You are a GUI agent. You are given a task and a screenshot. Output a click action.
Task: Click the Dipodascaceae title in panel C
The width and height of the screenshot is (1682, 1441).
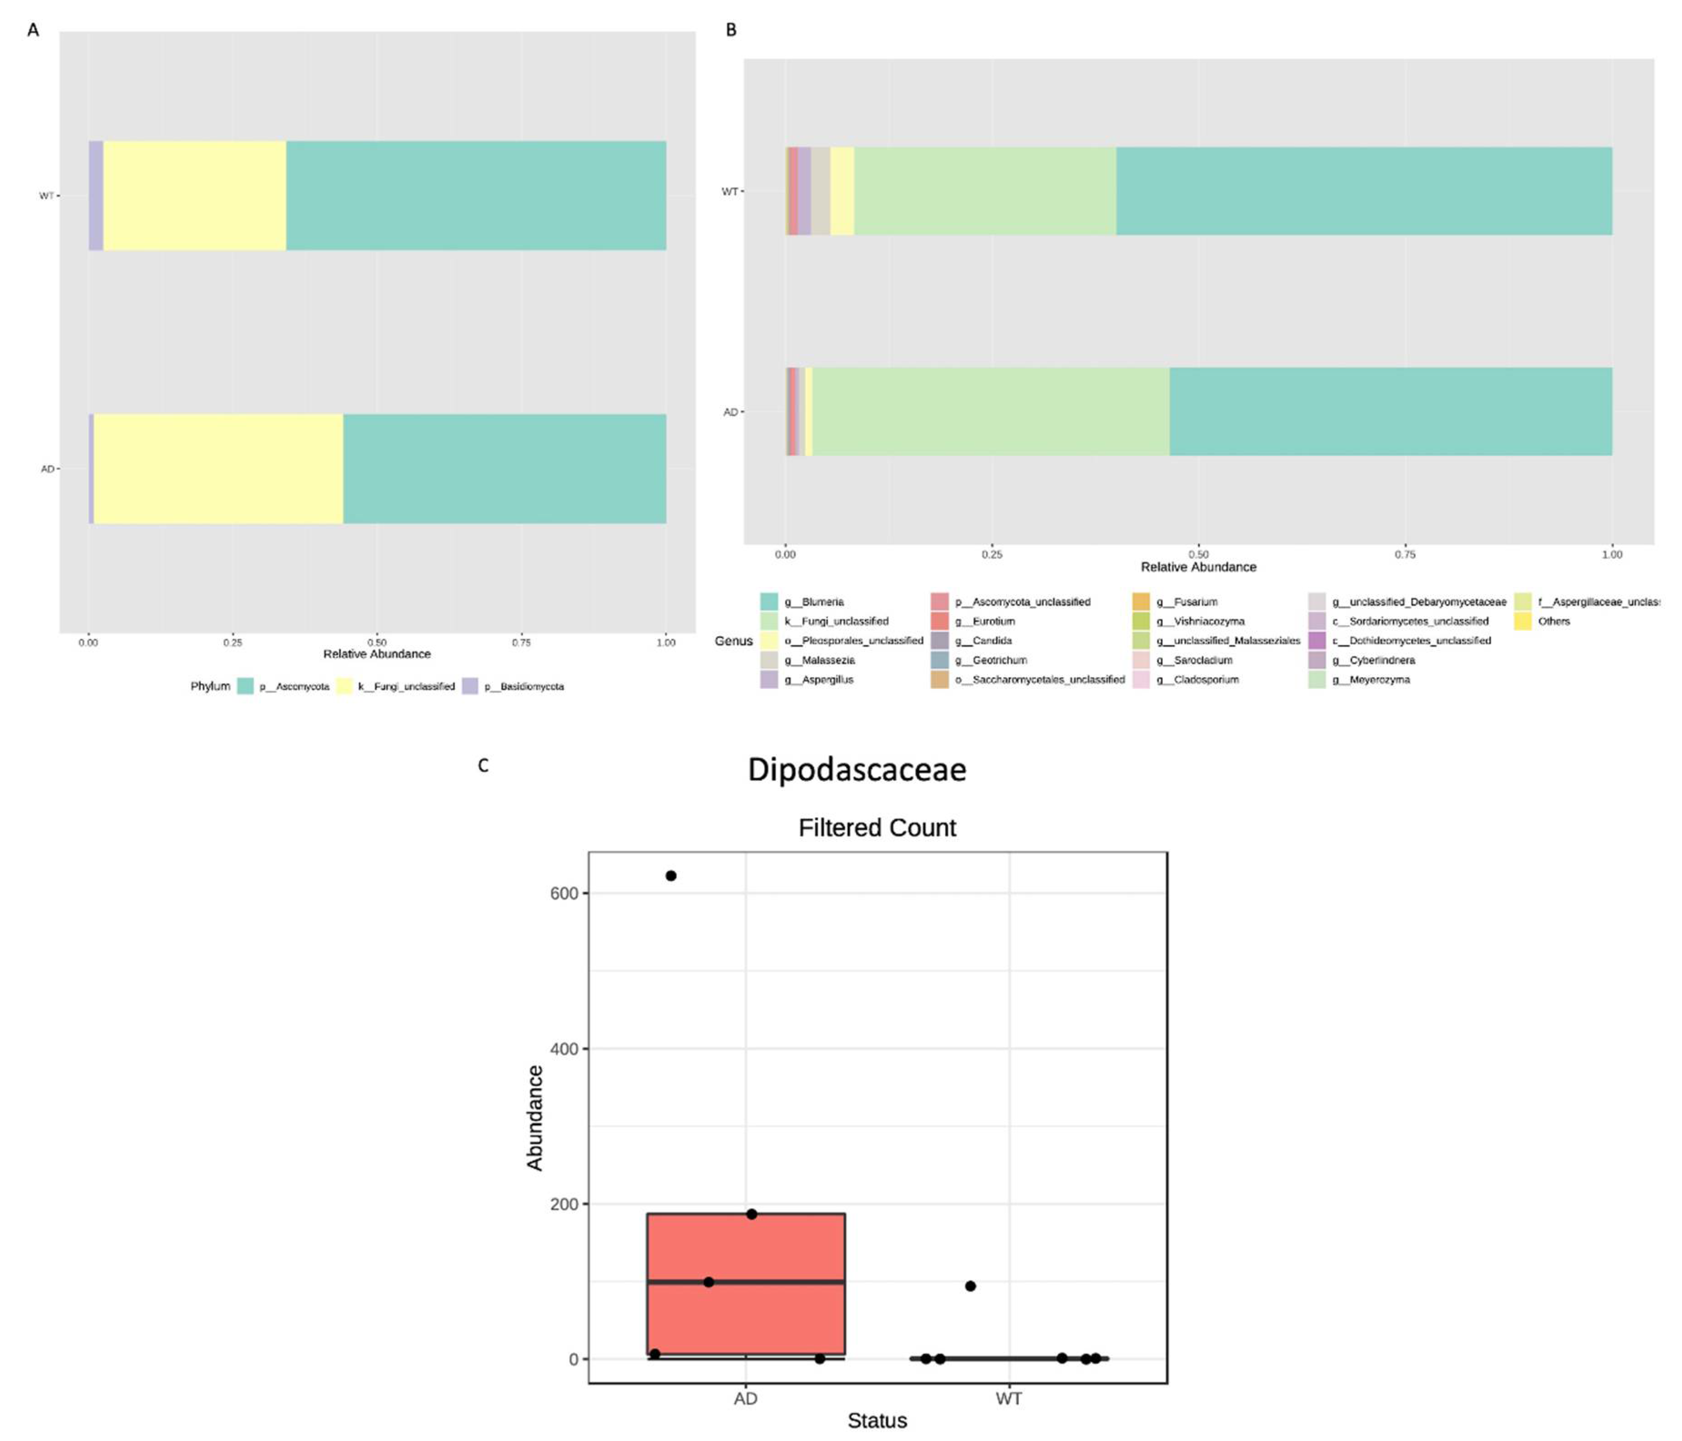point(856,769)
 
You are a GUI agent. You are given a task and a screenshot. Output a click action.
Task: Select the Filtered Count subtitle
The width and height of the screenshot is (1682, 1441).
point(877,827)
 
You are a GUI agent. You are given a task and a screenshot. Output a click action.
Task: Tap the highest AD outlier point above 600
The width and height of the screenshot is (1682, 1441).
point(671,876)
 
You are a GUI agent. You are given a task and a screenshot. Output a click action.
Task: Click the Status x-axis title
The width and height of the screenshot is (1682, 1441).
point(877,1420)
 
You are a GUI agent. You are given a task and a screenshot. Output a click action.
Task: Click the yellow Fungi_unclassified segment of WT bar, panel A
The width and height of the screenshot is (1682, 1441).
point(195,196)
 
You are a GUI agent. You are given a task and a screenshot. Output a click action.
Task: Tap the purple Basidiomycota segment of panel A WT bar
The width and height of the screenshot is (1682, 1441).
point(96,196)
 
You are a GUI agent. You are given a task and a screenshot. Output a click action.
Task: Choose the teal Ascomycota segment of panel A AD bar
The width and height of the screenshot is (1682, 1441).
point(503,468)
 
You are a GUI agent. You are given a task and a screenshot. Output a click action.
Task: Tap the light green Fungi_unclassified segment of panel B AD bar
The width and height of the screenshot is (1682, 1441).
point(990,412)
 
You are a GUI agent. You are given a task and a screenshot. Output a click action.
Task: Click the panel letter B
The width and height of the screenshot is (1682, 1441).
point(731,30)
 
